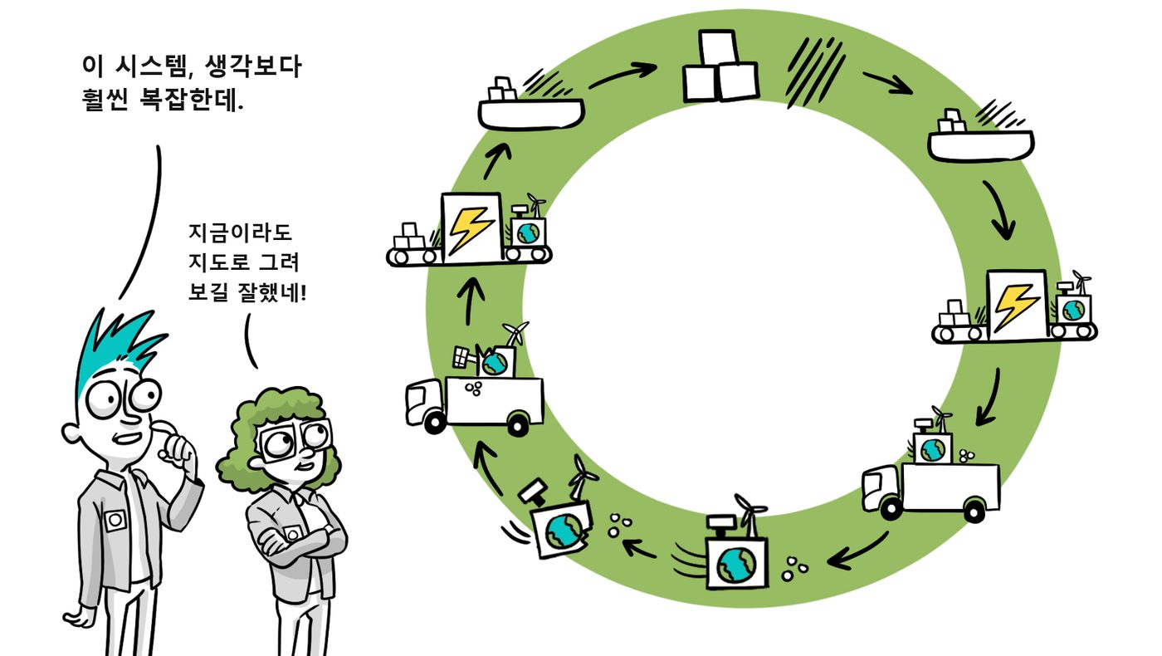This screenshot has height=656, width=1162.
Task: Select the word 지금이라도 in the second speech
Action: coord(241,233)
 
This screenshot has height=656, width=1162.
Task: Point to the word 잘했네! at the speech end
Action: coord(272,292)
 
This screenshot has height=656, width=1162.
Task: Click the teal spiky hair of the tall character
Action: coord(117,342)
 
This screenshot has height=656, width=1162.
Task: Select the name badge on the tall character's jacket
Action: coord(115,520)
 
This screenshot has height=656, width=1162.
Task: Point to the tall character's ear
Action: coord(70,432)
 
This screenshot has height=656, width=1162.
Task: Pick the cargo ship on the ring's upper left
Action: coord(530,106)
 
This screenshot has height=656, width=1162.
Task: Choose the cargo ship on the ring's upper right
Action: coord(980,138)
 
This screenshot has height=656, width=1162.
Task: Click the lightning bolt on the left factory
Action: coord(470,229)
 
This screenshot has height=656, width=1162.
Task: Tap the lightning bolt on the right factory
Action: coord(1015,306)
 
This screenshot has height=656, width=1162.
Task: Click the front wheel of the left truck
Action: coord(435,423)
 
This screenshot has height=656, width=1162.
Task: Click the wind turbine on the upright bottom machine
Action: coord(749,514)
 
